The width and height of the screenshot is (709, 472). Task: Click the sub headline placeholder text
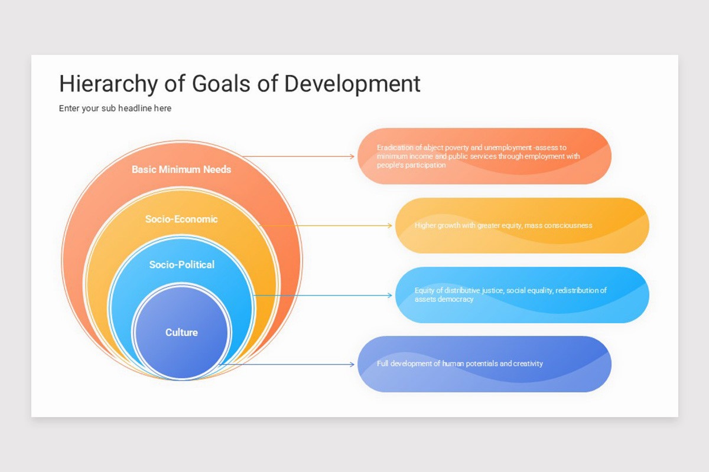coord(115,108)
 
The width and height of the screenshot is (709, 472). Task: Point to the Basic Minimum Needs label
coord(181,169)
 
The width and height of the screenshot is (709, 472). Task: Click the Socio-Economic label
coord(181,219)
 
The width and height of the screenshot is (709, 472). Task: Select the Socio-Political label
coord(181,264)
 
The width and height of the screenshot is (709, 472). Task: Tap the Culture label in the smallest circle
coord(181,332)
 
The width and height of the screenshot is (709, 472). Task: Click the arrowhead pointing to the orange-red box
coord(352,156)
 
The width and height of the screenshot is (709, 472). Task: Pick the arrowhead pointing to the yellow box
coord(389,225)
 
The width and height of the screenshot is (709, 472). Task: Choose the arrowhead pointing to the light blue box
coord(389,295)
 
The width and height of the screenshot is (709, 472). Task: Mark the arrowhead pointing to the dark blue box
coord(352,364)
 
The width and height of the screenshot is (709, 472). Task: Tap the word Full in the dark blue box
coord(383,363)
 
